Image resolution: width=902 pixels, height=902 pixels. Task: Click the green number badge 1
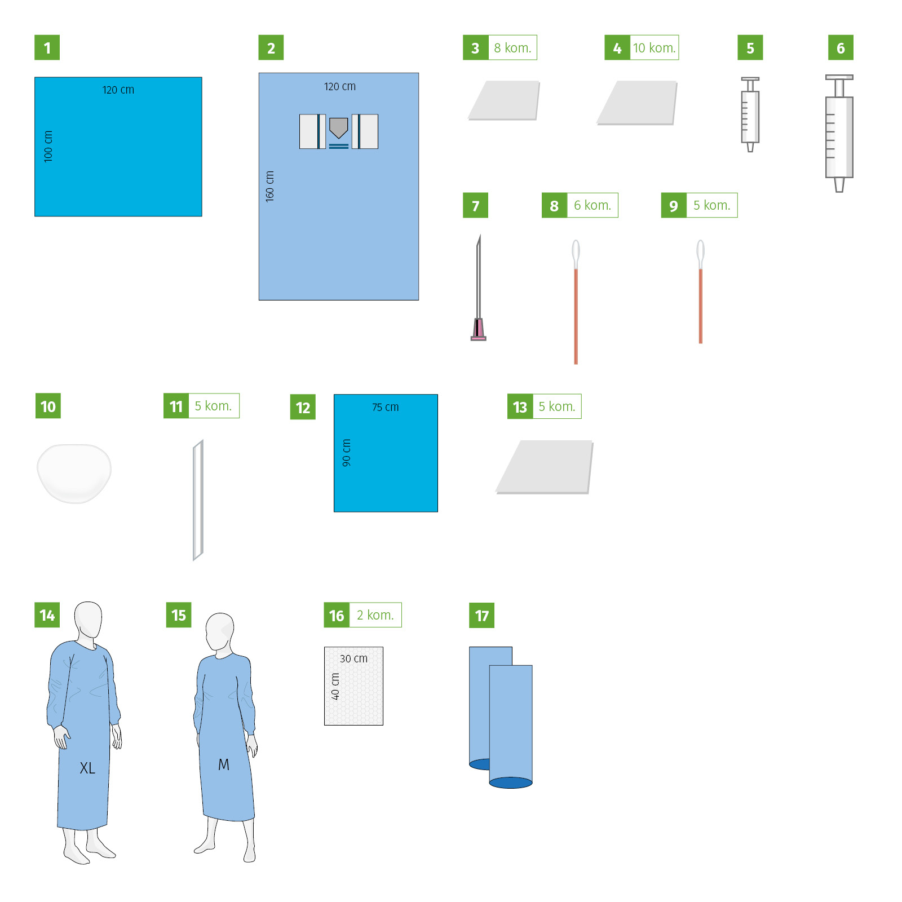pyautogui.click(x=47, y=47)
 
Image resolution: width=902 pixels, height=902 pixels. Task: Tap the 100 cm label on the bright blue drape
pyautogui.click(x=48, y=147)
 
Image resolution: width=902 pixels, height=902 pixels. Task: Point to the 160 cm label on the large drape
pyautogui.click(x=269, y=187)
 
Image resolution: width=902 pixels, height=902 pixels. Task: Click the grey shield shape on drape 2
pyautogui.click(x=338, y=128)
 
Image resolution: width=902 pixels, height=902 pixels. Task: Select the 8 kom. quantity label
pyautogui.click(x=512, y=48)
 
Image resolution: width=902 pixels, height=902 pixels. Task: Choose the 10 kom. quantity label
pyautogui.click(x=654, y=48)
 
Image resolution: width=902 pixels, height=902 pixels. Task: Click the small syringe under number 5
pyautogui.click(x=750, y=114)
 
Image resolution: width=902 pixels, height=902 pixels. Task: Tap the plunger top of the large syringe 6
pyautogui.click(x=839, y=78)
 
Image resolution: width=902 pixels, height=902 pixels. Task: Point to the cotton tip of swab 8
pyautogui.click(x=576, y=251)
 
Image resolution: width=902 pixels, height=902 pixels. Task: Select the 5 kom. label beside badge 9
pyautogui.click(x=711, y=205)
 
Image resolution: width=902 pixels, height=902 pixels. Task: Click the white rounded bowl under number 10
pyautogui.click(x=74, y=473)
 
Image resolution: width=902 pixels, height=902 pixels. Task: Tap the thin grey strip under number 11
pyautogui.click(x=198, y=500)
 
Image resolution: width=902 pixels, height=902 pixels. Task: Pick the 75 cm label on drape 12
pyautogui.click(x=385, y=407)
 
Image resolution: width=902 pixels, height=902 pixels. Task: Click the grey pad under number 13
pyautogui.click(x=545, y=467)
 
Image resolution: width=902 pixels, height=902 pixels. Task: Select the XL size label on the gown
pyautogui.click(x=87, y=768)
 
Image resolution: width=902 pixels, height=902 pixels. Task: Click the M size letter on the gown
pyautogui.click(x=224, y=764)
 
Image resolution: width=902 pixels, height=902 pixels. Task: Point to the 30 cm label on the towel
pyautogui.click(x=353, y=658)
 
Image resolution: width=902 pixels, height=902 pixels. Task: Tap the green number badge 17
pyautogui.click(x=481, y=615)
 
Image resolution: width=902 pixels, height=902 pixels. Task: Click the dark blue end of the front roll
pyautogui.click(x=511, y=782)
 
